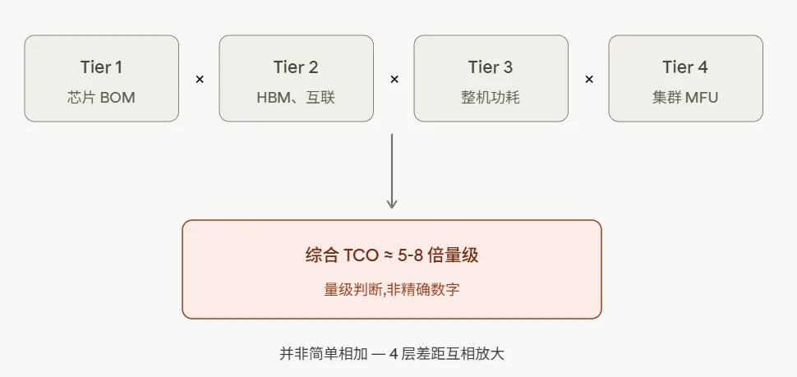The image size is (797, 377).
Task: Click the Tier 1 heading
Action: [x=101, y=67]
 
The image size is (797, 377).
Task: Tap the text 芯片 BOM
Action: [x=101, y=98]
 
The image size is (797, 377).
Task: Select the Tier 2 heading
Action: [x=296, y=67]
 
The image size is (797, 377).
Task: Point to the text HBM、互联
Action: [x=296, y=98]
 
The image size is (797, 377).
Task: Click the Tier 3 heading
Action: [x=491, y=67]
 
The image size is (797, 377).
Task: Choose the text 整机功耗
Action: [x=491, y=98]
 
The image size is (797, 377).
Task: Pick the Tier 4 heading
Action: [x=685, y=67]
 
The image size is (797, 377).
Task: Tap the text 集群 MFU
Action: [x=685, y=98]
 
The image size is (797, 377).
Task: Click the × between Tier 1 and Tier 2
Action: [x=199, y=80]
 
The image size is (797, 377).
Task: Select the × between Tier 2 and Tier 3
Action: [x=394, y=80]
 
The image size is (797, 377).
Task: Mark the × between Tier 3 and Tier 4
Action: [x=588, y=80]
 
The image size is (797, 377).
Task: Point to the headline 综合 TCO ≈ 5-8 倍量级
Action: [x=392, y=255]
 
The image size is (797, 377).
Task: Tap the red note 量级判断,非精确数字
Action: [x=392, y=289]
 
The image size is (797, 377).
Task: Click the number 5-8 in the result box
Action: [x=411, y=256]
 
